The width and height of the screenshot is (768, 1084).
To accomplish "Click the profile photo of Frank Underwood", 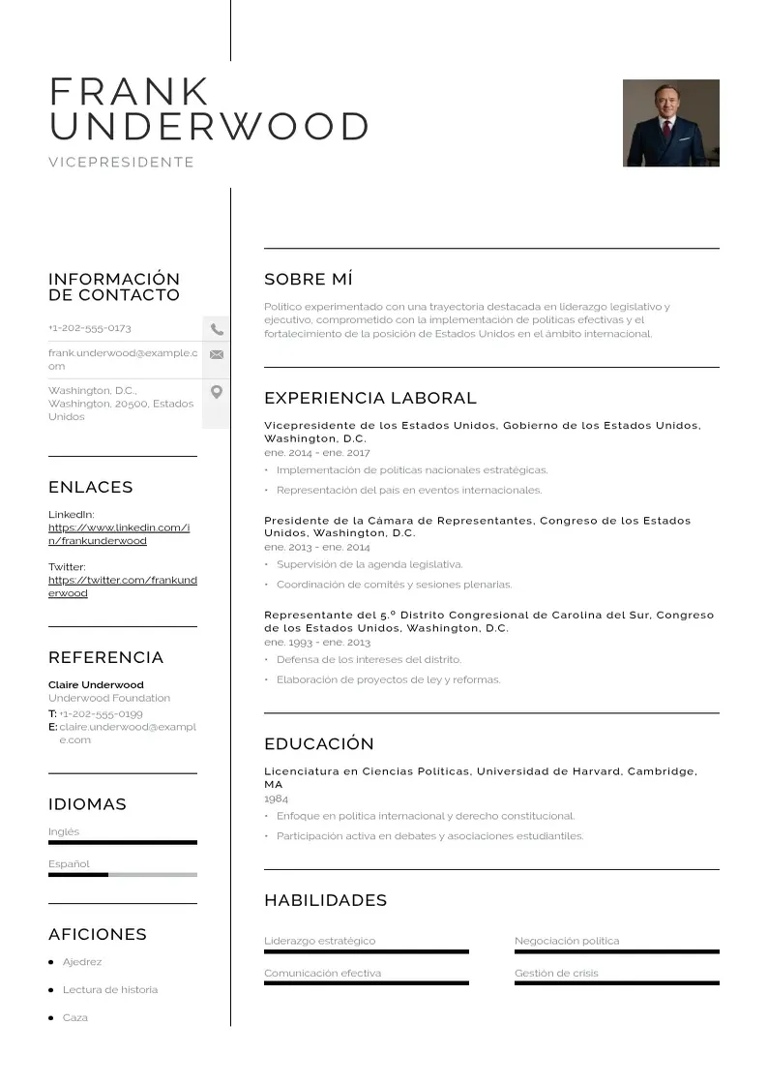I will pyautogui.click(x=670, y=123).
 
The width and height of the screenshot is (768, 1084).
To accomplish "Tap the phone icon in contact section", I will pyautogui.click(x=217, y=329).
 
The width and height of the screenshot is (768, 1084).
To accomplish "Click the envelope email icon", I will pyautogui.click(x=217, y=354).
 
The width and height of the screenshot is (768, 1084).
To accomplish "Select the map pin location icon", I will pyautogui.click(x=217, y=392).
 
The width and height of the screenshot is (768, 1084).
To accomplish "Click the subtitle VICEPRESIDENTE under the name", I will pyautogui.click(x=122, y=163).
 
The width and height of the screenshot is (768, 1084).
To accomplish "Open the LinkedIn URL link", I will pyautogui.click(x=119, y=534).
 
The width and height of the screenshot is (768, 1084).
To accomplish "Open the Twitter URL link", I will pyautogui.click(x=122, y=587).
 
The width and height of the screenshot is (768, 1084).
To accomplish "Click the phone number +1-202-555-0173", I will pyautogui.click(x=90, y=328).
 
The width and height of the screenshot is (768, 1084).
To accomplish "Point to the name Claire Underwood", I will pyautogui.click(x=96, y=684).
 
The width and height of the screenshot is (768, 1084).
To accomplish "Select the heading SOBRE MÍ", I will pyautogui.click(x=309, y=280).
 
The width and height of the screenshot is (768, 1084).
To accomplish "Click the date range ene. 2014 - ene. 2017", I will pyautogui.click(x=316, y=452).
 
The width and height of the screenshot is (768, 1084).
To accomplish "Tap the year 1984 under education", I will pyautogui.click(x=276, y=798).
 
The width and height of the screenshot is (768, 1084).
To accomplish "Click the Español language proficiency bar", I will pyautogui.click(x=122, y=874).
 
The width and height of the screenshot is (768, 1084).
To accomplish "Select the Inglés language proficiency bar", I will pyautogui.click(x=122, y=842).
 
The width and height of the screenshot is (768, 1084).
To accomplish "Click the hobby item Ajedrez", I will pyautogui.click(x=82, y=962).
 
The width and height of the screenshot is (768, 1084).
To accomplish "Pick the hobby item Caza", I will pyautogui.click(x=75, y=1017).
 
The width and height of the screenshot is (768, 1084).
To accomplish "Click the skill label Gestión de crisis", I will pyautogui.click(x=556, y=973).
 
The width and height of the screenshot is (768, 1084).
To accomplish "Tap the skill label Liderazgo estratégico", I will pyautogui.click(x=319, y=941).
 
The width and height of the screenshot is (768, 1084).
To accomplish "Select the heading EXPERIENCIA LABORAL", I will pyautogui.click(x=370, y=398).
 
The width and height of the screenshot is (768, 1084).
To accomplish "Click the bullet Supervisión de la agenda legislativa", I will pyautogui.click(x=369, y=564).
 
